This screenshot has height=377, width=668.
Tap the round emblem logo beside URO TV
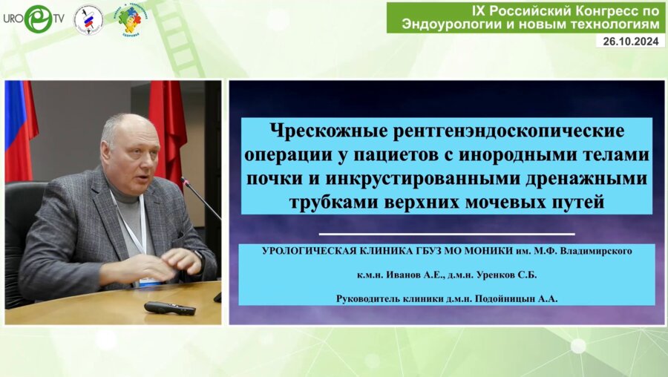coord(88,19)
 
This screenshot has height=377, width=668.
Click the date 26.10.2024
coord(629,42)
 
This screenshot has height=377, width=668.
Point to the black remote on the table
coord(169,307)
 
